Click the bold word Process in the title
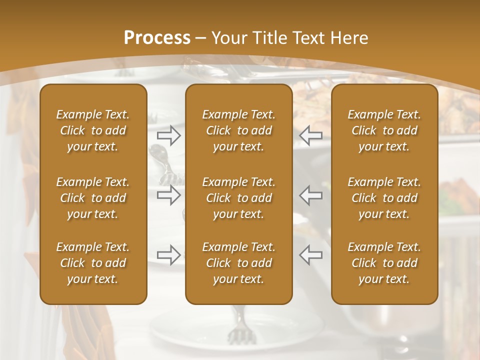click(x=157, y=38)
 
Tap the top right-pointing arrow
click(x=169, y=135)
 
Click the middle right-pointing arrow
click(x=169, y=195)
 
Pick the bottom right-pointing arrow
click(x=169, y=255)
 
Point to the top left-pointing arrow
click(x=311, y=135)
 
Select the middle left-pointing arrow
click(x=311, y=195)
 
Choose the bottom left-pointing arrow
click(x=311, y=255)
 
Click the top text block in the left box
click(x=93, y=130)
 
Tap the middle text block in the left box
click(x=93, y=198)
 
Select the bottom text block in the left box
click(x=93, y=263)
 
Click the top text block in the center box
click(x=238, y=130)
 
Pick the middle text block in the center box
click(x=238, y=198)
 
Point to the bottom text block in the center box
click(x=238, y=263)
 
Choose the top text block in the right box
click(x=384, y=130)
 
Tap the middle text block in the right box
click(x=384, y=198)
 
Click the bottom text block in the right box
click(x=384, y=263)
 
